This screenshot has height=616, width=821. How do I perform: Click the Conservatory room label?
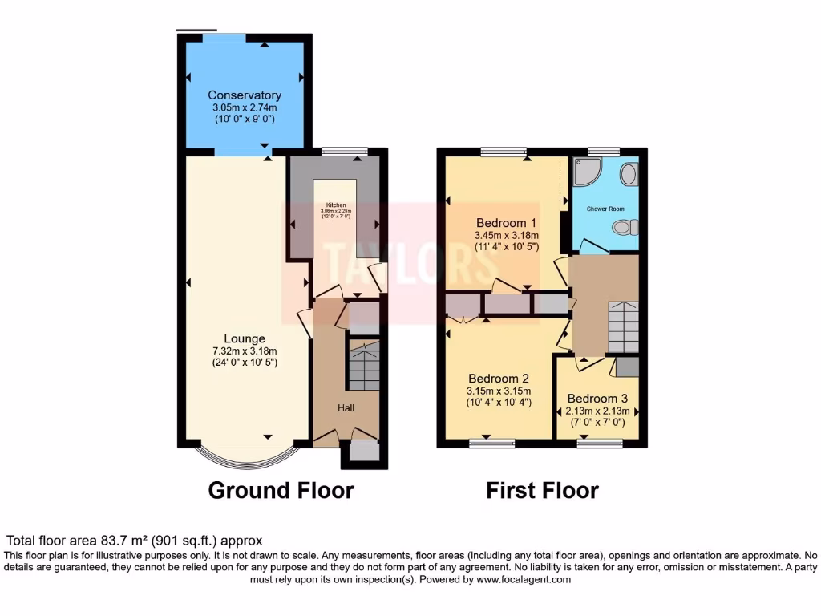pyautogui.click(x=245, y=95)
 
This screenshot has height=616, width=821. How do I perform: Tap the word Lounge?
pyautogui.click(x=245, y=338)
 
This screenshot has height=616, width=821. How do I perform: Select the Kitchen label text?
pyautogui.click(x=335, y=205)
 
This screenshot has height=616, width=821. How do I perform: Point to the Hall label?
pyautogui.click(x=346, y=408)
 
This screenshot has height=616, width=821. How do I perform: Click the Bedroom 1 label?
pyautogui.click(x=506, y=222)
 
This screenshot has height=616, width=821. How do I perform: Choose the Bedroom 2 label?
pyautogui.click(x=498, y=378)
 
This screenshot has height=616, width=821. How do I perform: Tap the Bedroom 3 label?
pyautogui.click(x=597, y=398)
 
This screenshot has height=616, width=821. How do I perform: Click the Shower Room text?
pyautogui.click(x=605, y=209)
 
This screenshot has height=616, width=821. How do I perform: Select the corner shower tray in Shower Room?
pyautogui.click(x=587, y=171)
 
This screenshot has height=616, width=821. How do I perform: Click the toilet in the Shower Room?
pyautogui.click(x=625, y=228)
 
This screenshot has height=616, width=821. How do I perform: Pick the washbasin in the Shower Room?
pyautogui.click(x=629, y=174)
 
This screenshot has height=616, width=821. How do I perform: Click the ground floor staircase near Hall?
pyautogui.click(x=363, y=365)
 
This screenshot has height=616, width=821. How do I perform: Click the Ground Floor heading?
pyautogui.click(x=281, y=490)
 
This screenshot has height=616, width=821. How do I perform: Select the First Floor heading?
pyautogui.click(x=542, y=490)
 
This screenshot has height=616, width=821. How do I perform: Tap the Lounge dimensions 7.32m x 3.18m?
pyautogui.click(x=245, y=351)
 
